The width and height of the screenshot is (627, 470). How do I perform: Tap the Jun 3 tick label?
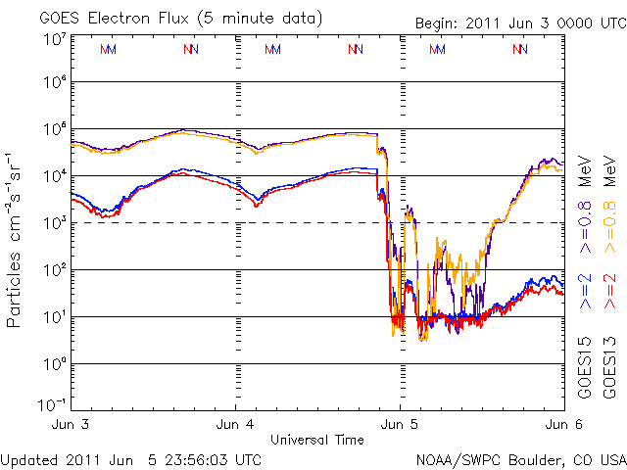74,425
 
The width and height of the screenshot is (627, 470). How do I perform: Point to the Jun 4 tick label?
236,425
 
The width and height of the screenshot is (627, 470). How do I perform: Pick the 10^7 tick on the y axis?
54,37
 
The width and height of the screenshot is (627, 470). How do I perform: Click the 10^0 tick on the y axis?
54,364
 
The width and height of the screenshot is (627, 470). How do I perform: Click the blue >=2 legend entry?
585,292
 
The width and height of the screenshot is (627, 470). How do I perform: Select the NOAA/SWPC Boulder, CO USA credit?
520,459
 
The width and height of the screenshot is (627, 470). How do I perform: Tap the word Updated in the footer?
29,459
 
